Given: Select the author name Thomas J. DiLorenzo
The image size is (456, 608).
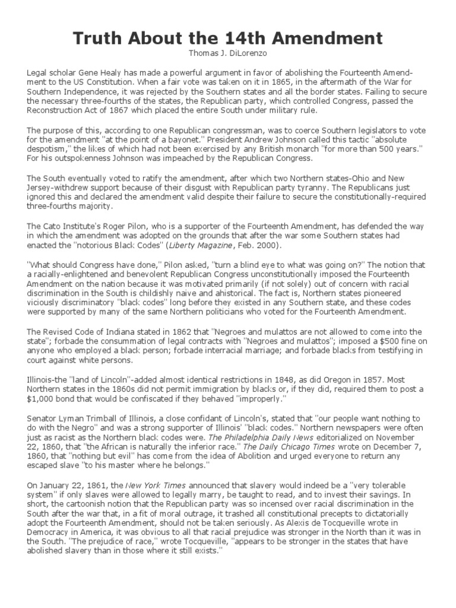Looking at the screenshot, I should [227, 53].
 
